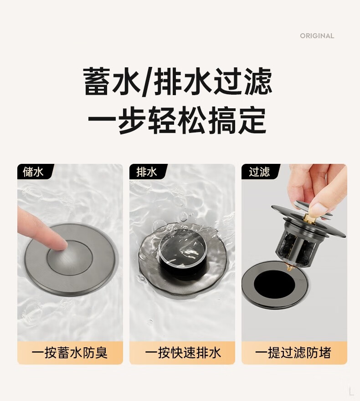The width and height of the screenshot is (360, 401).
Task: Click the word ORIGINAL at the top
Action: (317, 36)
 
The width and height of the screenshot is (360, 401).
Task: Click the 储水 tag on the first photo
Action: (33, 172)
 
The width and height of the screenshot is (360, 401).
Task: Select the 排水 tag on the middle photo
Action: (146, 172)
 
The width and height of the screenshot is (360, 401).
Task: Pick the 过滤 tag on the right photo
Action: (259, 172)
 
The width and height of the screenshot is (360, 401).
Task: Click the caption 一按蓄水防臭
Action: (70, 353)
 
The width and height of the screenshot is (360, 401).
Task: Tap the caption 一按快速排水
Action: (183, 353)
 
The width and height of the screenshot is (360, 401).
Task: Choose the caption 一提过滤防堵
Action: (293, 353)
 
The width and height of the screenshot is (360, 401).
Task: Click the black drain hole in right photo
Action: (274, 284)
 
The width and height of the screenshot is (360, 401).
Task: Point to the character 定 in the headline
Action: (252, 120)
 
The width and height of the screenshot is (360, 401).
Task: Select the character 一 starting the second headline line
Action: (103, 120)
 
